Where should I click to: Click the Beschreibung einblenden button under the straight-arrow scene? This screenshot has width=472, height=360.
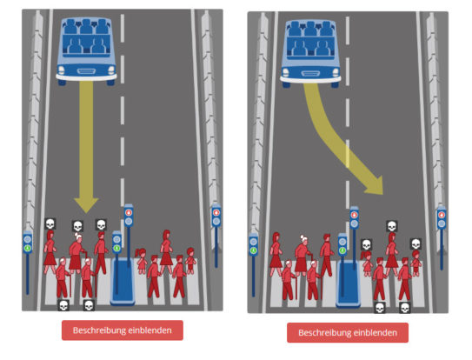point(123,330)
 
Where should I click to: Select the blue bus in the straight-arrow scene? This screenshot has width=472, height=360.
point(86,51)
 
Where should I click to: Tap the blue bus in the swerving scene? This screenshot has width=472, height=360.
point(310,53)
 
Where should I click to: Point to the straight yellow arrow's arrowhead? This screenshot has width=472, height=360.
point(86,205)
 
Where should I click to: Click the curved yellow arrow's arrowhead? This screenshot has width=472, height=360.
point(375,185)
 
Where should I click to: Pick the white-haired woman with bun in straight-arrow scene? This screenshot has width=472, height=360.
point(76,252)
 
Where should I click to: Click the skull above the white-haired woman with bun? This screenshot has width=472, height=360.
point(78,225)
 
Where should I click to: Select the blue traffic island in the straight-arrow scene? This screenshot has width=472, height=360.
point(123,281)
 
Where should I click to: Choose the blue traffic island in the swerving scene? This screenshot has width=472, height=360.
point(348,283)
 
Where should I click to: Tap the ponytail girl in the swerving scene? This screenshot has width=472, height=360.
point(367,263)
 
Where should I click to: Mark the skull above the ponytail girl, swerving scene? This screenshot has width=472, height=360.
point(366,244)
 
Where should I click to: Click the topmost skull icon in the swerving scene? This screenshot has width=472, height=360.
point(392,226)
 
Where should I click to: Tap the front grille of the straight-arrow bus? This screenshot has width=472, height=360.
point(86,71)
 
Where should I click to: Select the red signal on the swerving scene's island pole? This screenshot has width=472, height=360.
point(354,215)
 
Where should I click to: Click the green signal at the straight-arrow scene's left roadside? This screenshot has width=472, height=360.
point(28,248)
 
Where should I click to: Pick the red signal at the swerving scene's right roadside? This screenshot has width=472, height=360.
point(442,215)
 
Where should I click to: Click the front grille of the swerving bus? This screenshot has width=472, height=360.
point(310,74)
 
